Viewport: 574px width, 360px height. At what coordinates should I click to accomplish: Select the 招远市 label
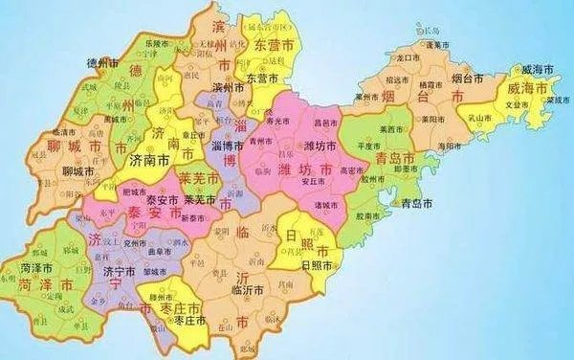coord(396,81)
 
